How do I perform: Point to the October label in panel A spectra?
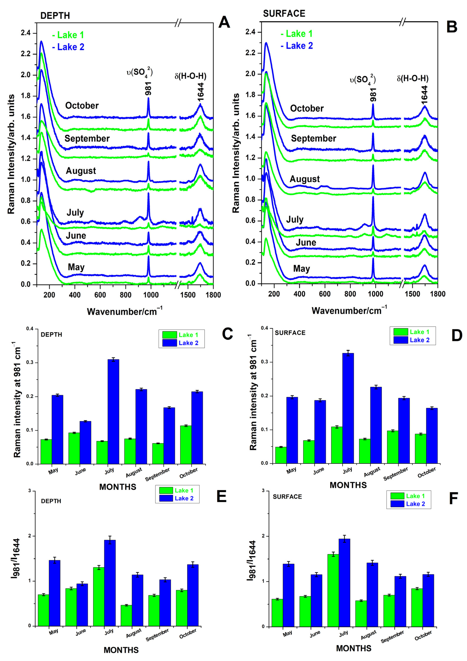82,106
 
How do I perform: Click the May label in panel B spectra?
301,269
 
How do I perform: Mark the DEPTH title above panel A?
55,15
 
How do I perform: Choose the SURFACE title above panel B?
284,14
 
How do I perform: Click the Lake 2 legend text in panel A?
71,47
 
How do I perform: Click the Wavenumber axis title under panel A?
124,312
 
